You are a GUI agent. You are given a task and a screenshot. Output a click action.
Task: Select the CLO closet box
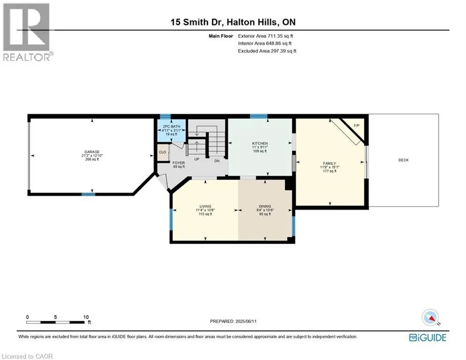pos(163,152)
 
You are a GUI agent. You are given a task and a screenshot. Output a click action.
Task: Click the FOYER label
pos(178,163)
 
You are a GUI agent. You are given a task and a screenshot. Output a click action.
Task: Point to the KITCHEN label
pos(260,143)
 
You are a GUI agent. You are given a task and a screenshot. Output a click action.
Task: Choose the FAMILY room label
pos(329,163)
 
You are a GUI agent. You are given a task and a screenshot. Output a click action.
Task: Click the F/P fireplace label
pos(356,125)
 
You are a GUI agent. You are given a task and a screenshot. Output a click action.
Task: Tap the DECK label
pos(403,160)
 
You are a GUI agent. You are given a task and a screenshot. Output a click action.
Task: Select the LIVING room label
pos(205,207)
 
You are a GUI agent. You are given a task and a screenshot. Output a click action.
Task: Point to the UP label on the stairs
pos(197,159)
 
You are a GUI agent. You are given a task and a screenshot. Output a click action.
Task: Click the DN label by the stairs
pos(217,160)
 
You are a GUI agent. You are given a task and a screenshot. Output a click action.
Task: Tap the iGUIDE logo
pos(428,337)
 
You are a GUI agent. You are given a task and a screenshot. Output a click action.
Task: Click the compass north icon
pos(430,318)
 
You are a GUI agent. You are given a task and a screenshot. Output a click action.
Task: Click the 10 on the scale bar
pos(86,317)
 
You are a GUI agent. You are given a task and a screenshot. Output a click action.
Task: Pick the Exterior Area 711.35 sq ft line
pos(267,36)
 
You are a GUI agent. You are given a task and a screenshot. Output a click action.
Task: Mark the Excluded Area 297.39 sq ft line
pos(267,51)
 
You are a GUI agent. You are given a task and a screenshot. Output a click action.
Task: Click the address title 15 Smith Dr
pos(233,22)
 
